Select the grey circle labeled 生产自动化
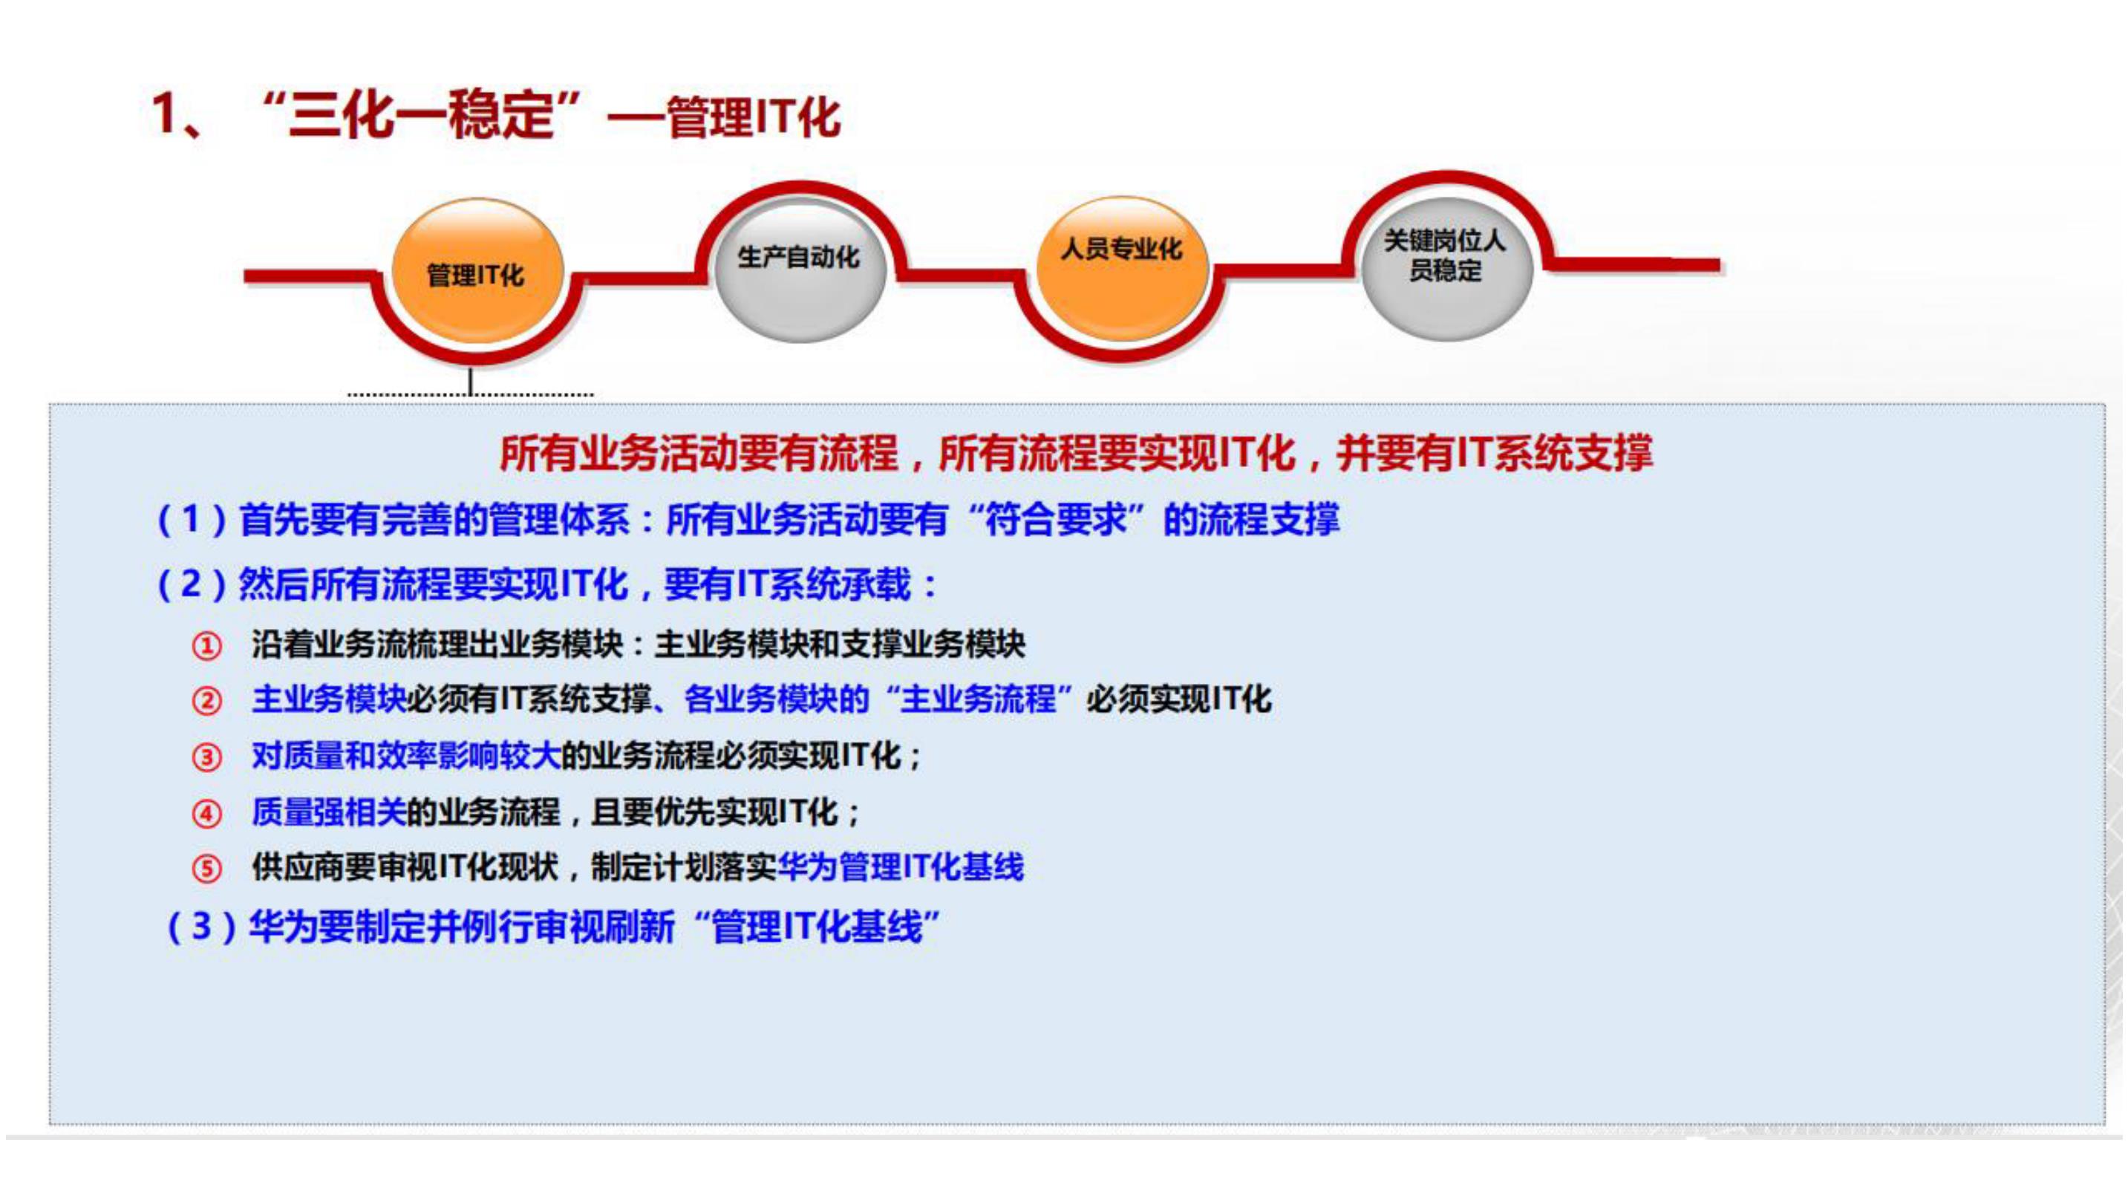click(x=799, y=269)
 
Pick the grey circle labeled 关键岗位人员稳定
click(x=1445, y=267)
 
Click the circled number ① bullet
click(x=206, y=645)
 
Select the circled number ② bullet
click(x=206, y=702)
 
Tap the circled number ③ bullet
click(x=206, y=757)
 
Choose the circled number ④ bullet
click(x=206, y=814)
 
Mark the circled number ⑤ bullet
click(x=206, y=869)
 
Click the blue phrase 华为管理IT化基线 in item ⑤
click(x=901, y=867)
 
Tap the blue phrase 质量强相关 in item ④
click(x=329, y=812)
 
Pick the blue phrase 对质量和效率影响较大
click(x=405, y=756)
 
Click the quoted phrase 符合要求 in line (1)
click(x=1057, y=520)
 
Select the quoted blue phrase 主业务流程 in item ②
click(x=978, y=699)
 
